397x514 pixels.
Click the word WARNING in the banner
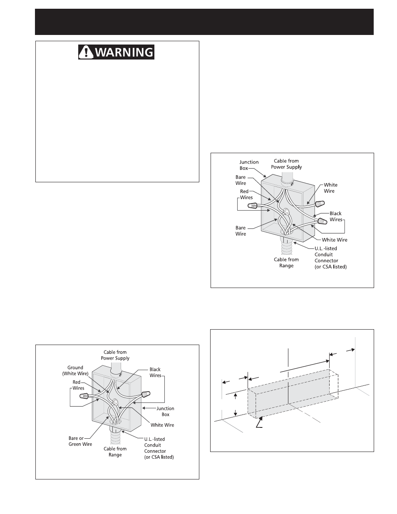(x=124, y=52)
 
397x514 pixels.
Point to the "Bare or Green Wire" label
(x=80, y=441)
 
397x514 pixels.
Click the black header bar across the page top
(x=204, y=21)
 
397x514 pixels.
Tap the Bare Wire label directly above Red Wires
(x=241, y=180)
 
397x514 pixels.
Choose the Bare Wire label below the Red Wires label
(x=241, y=231)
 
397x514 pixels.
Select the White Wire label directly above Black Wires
(x=331, y=188)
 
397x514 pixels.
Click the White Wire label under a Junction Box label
(x=162, y=425)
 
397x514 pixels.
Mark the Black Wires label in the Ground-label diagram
(x=155, y=372)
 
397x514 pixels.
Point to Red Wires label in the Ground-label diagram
(x=78, y=385)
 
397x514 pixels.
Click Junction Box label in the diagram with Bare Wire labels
(x=249, y=165)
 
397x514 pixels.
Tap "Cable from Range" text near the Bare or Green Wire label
(x=115, y=452)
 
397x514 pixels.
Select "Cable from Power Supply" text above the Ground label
(x=115, y=355)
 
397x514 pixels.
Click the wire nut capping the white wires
(x=319, y=204)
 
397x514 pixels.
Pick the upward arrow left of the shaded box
(x=236, y=395)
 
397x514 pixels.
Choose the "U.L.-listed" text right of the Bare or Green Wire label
(x=154, y=439)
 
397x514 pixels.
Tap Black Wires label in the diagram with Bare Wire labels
(x=335, y=216)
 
